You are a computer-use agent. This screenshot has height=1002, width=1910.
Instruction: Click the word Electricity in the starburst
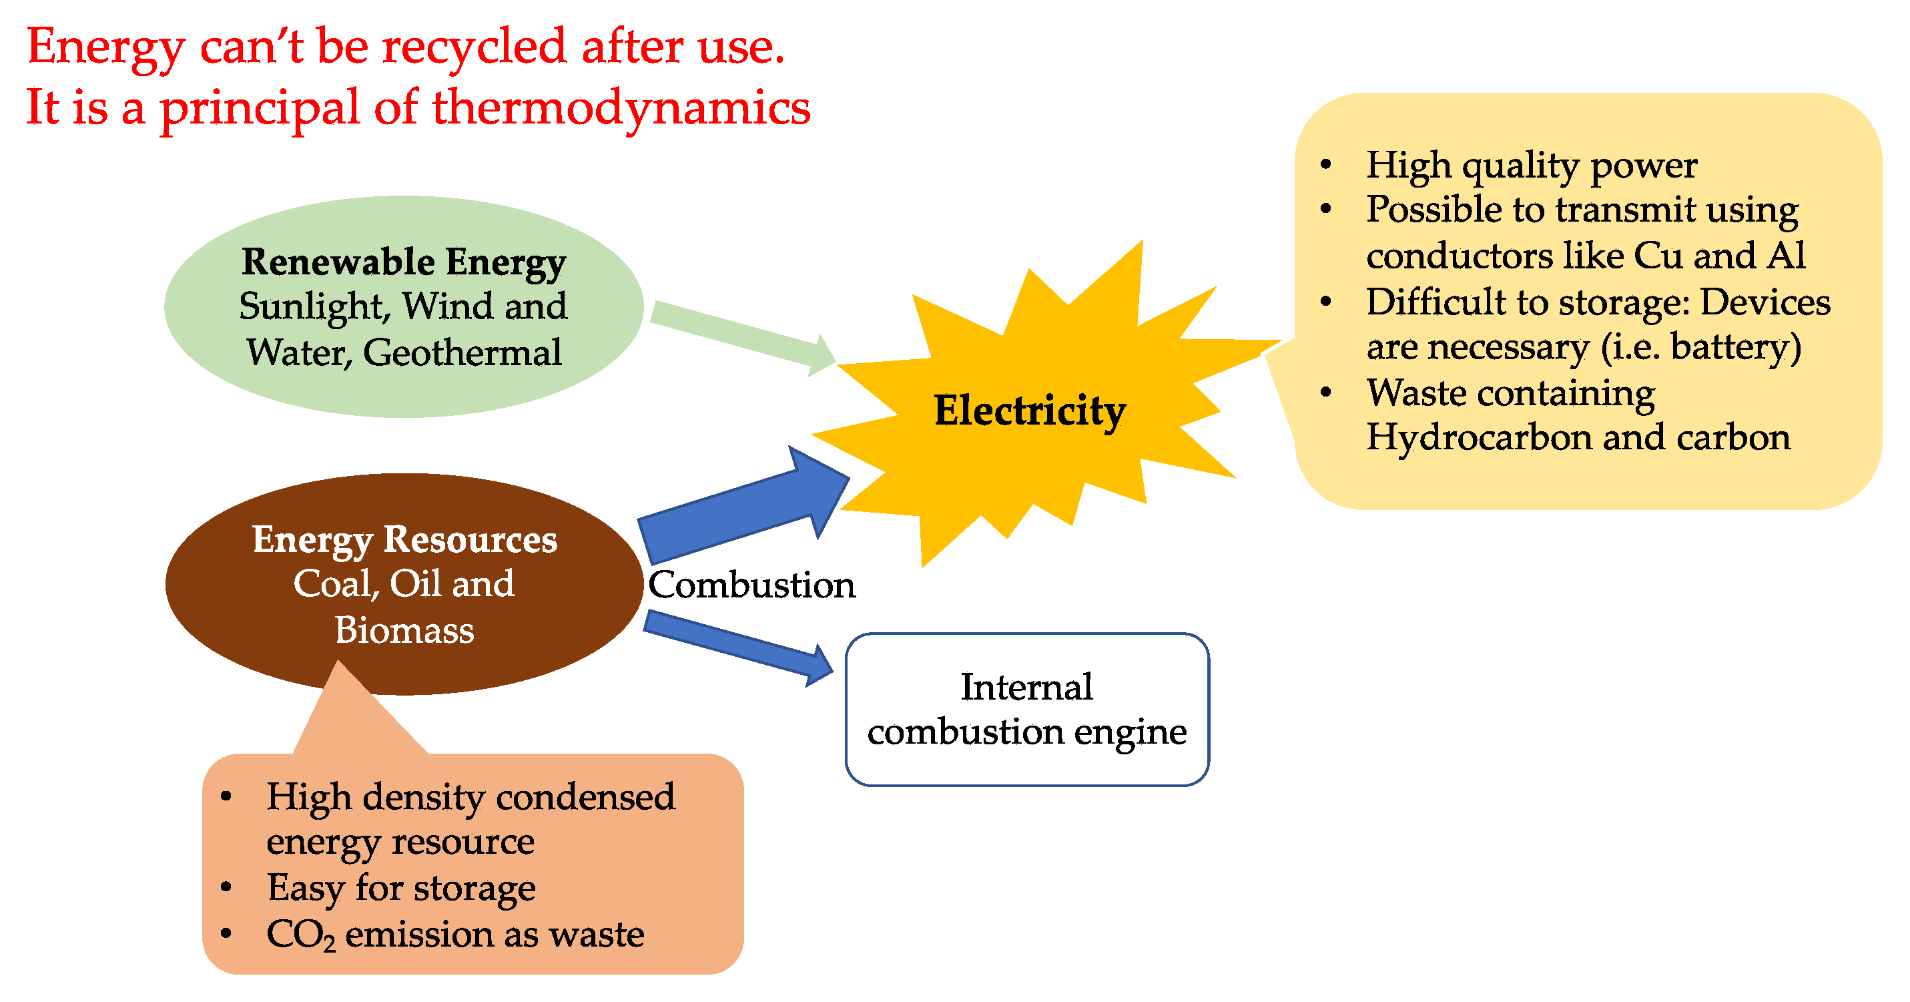(x=1029, y=411)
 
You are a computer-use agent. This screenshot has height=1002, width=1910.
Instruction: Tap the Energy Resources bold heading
(x=404, y=539)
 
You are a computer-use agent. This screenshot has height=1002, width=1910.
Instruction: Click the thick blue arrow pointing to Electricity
(x=741, y=504)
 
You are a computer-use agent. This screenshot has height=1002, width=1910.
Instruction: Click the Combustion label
(x=751, y=585)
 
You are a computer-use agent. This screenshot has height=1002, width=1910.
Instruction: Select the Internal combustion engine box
(x=1027, y=709)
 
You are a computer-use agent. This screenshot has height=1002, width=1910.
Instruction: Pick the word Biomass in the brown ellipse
(x=404, y=630)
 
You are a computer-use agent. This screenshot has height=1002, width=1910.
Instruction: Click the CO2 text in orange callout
(x=300, y=935)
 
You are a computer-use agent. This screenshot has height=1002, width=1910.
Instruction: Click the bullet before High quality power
(x=1326, y=165)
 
